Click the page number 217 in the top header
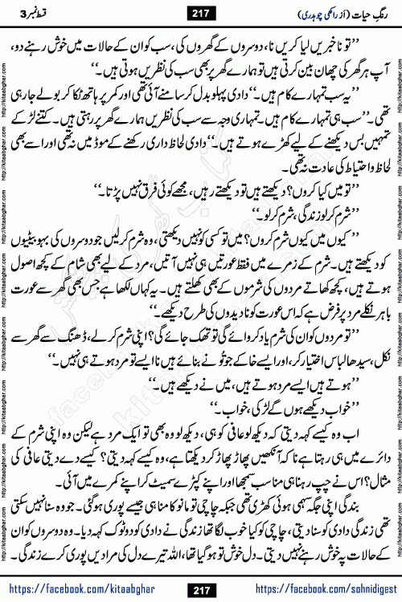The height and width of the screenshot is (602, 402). (x=202, y=12)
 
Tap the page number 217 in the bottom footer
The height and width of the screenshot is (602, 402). (x=201, y=590)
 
